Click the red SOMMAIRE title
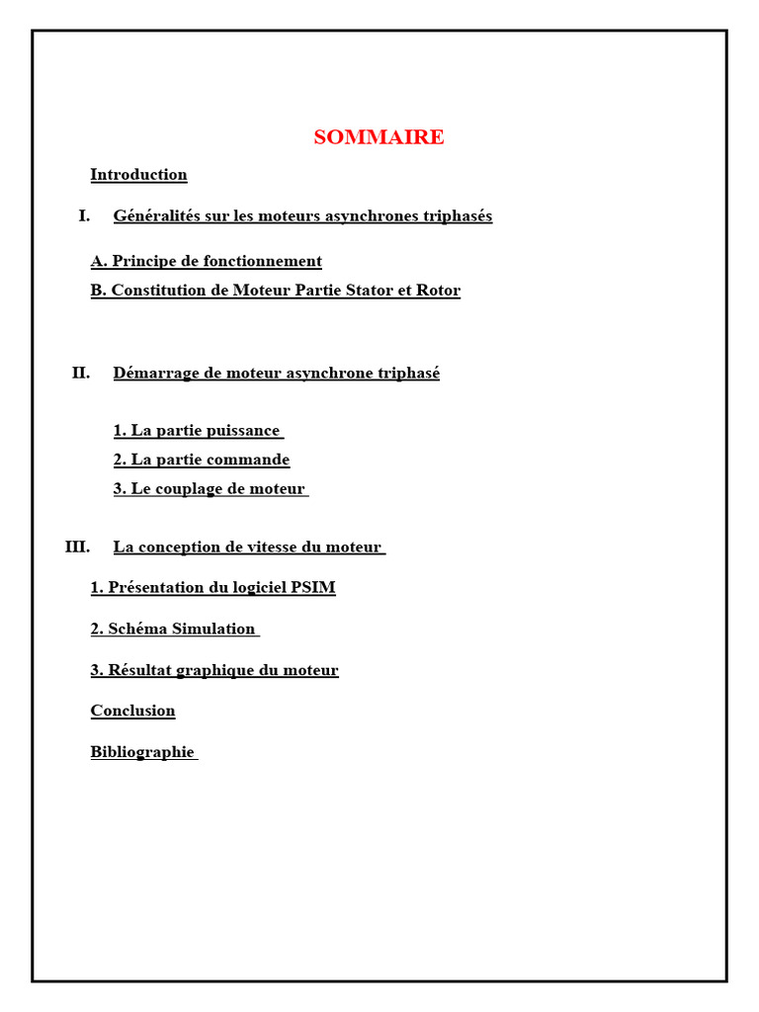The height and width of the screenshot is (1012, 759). tap(379, 137)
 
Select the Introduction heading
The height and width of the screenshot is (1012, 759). tap(138, 175)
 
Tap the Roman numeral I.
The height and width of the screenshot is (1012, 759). tap(84, 215)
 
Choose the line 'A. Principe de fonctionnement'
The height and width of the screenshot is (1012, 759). tap(206, 261)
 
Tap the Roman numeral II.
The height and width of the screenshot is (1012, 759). tap(81, 373)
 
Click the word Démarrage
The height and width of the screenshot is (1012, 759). tap(154, 373)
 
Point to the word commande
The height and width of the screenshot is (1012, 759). tap(249, 460)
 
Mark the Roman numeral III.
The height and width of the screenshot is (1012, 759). tap(77, 547)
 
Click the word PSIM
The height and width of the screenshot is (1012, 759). tap(313, 588)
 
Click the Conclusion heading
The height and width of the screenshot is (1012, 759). tap(132, 711)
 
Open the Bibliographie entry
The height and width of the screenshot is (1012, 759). tap(142, 752)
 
